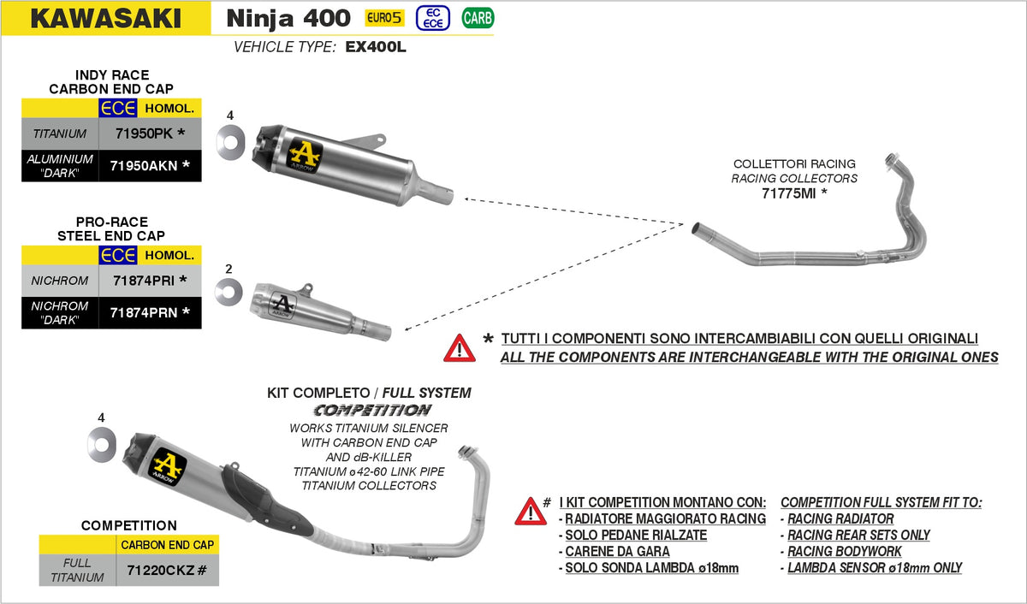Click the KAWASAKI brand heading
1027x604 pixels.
[105, 18]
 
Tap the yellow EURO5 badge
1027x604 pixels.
[384, 17]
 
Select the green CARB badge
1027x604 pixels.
[478, 17]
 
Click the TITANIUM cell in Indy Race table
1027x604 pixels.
[60, 133]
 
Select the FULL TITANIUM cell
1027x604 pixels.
[78, 570]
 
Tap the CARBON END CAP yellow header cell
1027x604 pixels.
[167, 544]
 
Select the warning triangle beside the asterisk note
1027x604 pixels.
[459, 347]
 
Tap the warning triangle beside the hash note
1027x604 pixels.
[531, 511]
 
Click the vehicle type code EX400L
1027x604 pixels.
[375, 47]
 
